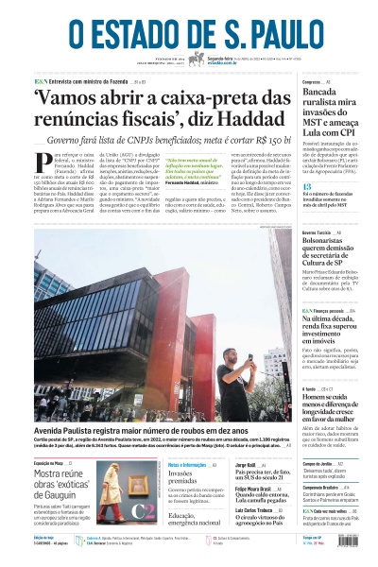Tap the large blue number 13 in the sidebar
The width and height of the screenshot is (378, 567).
click(307, 187)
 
